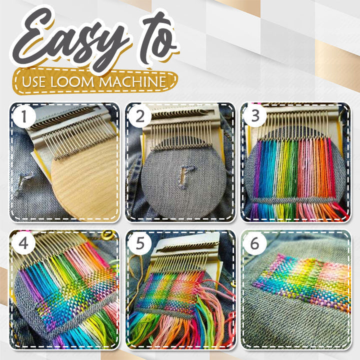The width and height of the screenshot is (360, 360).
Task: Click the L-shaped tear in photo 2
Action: tap(186, 176)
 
